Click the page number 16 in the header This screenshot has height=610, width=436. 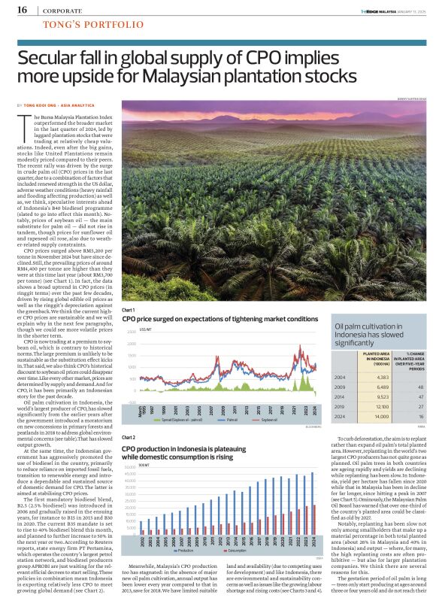point(22,10)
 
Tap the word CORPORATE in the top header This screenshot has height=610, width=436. point(63,11)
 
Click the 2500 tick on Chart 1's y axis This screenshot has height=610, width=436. point(131,332)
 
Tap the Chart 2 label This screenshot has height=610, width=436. point(128,437)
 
